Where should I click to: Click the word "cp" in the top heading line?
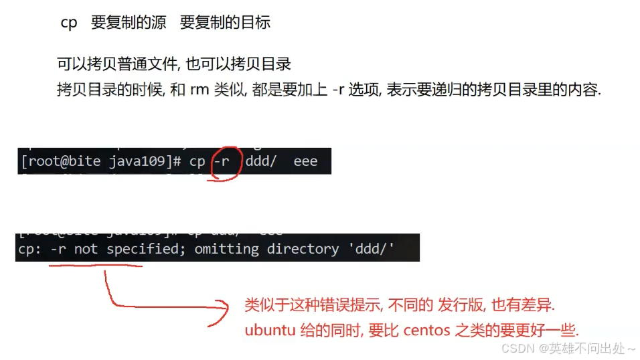[x=69, y=23]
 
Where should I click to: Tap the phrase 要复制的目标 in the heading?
[x=225, y=23]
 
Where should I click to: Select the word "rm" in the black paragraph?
[x=199, y=90]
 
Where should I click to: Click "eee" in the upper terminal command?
[x=305, y=162]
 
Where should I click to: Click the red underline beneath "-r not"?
[x=96, y=266]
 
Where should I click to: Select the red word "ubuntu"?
[x=266, y=331]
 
